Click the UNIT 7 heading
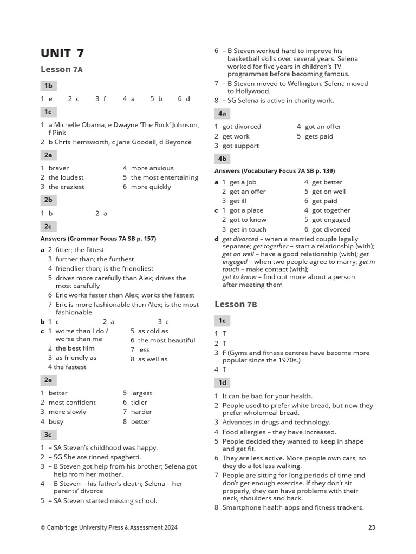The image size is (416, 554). click(x=62, y=53)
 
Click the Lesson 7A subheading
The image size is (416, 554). click(x=62, y=69)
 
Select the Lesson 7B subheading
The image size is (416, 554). click(x=236, y=304)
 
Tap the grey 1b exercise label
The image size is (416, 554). click(x=48, y=85)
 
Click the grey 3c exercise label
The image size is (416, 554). click(x=48, y=434)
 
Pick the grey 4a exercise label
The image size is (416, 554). click(x=222, y=113)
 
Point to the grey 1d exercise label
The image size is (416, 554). click(x=222, y=382)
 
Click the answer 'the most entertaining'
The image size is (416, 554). click(x=165, y=177)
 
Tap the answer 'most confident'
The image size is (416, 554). click(x=72, y=402)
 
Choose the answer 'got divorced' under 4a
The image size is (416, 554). click(x=242, y=126)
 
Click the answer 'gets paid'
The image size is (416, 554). click(x=319, y=136)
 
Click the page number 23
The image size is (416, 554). click(x=371, y=527)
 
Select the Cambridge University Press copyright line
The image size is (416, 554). click(x=109, y=527)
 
